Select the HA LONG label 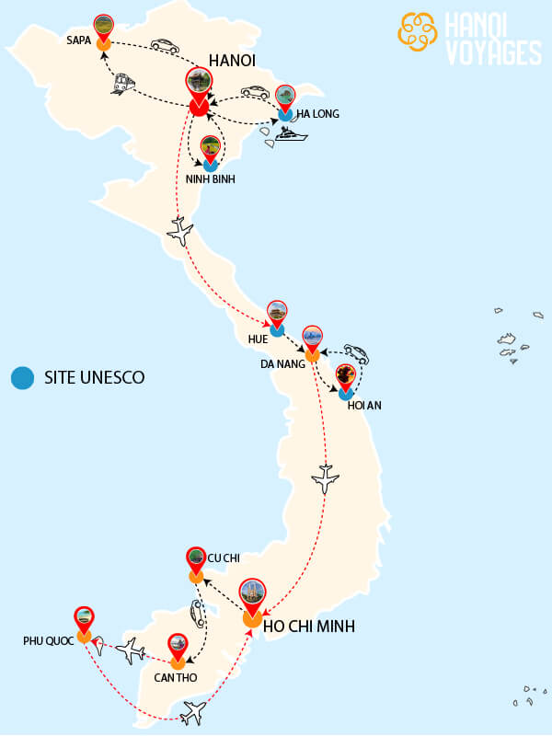pos(317,114)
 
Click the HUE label pos(258,339)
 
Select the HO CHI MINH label pos(309,627)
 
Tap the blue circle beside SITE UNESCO pos(22,377)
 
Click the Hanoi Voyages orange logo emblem pos(418,32)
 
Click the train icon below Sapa pos(123,85)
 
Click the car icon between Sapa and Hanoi pos(165,45)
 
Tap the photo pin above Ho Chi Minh pos(251,594)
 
